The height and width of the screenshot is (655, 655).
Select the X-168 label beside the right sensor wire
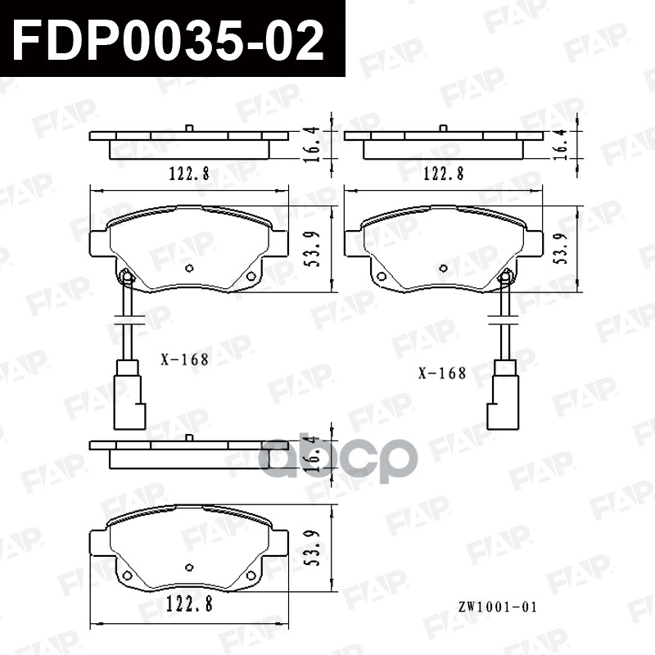(441, 373)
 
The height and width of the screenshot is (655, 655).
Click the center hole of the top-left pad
(189, 268)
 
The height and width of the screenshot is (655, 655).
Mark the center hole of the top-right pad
(444, 268)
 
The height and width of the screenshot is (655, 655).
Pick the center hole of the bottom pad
(189, 567)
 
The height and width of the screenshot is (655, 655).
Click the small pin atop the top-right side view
(443, 128)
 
